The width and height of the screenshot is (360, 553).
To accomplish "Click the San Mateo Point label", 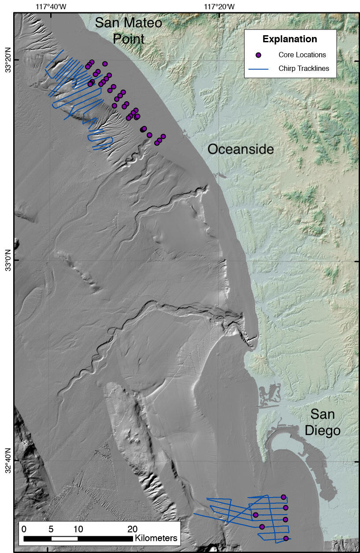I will click(129, 31).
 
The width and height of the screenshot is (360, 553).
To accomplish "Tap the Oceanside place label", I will click(241, 149).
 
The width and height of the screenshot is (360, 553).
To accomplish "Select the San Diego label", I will click(323, 422).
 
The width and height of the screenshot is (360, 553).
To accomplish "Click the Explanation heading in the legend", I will click(289, 39).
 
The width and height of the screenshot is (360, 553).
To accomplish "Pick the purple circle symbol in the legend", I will click(259, 55).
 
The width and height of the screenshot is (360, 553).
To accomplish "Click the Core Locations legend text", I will click(302, 55).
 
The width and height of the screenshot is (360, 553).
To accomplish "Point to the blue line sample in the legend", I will click(259, 69).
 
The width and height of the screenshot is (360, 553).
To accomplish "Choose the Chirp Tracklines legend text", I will click(304, 69).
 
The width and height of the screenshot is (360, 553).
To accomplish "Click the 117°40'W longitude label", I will click(51, 7).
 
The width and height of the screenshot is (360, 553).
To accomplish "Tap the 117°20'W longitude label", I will click(219, 7).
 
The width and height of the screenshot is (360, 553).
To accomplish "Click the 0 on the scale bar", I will click(24, 529).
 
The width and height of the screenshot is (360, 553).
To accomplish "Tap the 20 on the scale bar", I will click(132, 529).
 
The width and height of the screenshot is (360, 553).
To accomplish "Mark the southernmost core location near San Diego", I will click(286, 538).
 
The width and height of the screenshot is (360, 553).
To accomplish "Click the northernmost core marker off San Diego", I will click(283, 497).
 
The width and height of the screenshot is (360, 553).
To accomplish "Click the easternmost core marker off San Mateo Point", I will click(163, 136).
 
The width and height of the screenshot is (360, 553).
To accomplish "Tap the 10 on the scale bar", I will click(78, 529).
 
